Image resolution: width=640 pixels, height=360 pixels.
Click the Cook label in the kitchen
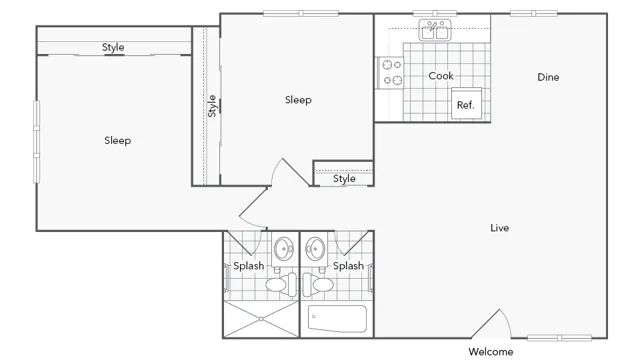(441, 76)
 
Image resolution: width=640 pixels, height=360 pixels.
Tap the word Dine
(548, 77)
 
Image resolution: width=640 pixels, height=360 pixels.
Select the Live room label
(500, 228)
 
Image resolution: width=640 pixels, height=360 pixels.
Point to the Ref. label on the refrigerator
(465, 105)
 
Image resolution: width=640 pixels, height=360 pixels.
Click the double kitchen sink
(435, 31)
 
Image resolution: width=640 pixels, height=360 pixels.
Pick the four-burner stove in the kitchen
(392, 72)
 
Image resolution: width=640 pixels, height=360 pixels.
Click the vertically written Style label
(212, 106)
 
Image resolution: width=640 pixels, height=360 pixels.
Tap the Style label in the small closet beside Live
(344, 180)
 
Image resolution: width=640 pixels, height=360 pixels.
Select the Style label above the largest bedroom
(113, 48)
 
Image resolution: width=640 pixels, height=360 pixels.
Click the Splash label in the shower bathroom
(249, 266)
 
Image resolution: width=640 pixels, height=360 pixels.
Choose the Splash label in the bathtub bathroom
(348, 266)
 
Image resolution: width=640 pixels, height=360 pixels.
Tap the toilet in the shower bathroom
(277, 285)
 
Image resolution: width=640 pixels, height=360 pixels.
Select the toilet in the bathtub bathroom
(322, 285)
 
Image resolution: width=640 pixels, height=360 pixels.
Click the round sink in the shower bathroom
(284, 247)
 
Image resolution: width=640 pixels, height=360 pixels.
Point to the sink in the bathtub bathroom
(316, 247)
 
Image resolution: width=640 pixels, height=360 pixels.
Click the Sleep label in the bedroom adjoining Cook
(298, 100)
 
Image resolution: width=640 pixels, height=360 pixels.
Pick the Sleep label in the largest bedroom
(118, 141)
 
